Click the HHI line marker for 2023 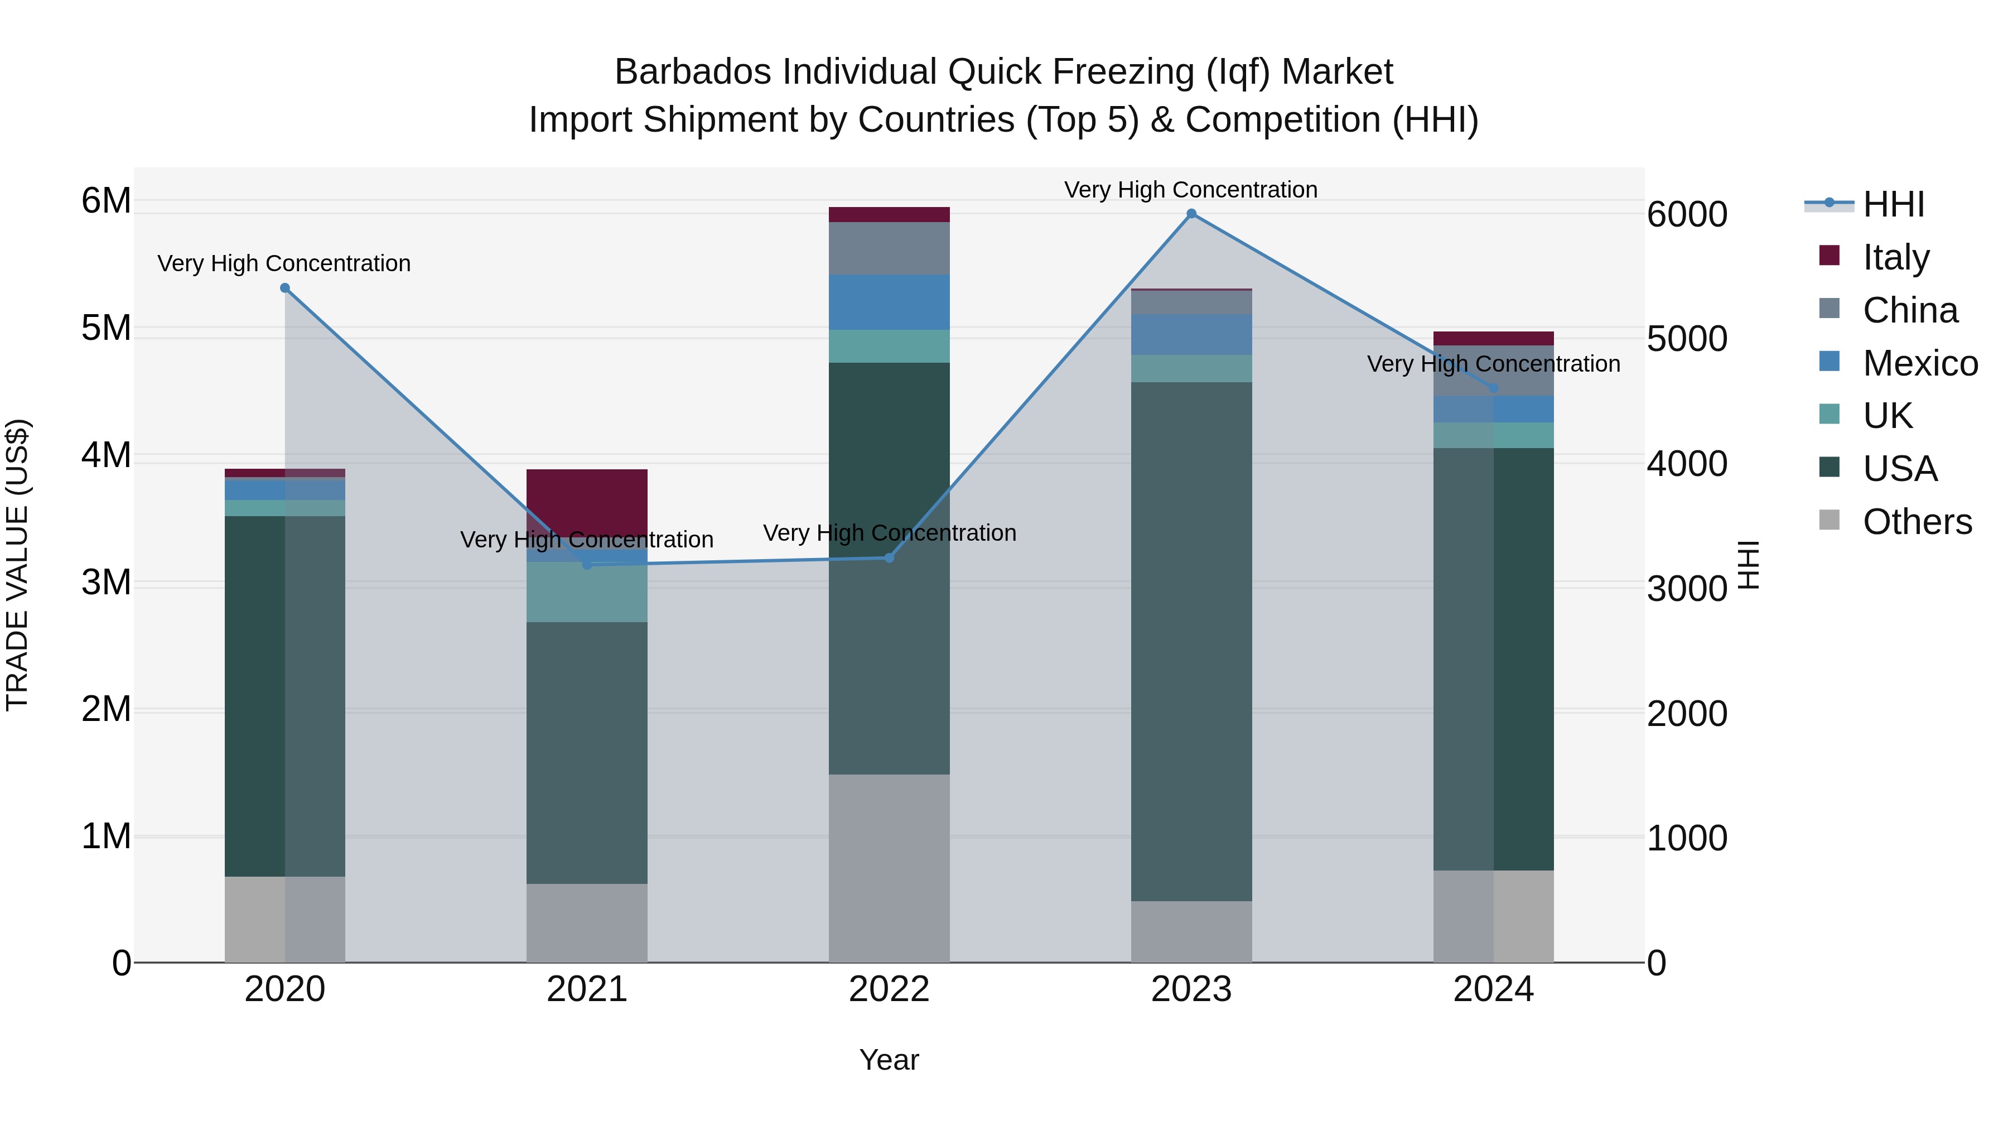coord(1191,214)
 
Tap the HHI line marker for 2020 coord(284,288)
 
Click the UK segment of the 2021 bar coord(587,593)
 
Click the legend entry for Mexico coord(1920,363)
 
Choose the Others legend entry coord(1917,522)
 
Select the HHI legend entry coord(1894,204)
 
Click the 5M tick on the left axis coord(106,328)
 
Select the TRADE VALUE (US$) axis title coord(17,565)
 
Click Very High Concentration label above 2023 coord(1190,190)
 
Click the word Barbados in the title coord(696,72)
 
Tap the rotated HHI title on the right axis coord(1749,565)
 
